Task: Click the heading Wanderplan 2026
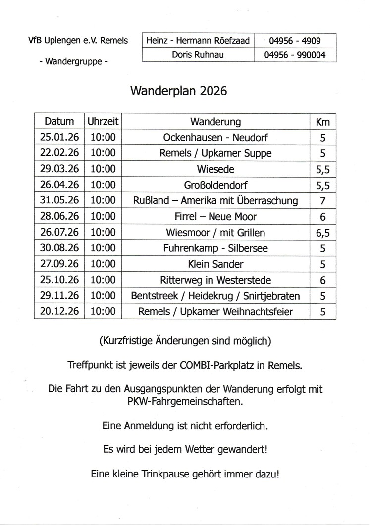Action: tap(178, 91)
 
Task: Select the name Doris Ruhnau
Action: tap(198, 55)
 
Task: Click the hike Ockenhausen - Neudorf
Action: tap(215, 138)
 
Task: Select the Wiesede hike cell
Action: tap(215, 169)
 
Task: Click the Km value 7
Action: tap(322, 201)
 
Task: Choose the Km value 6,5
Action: tap(322, 233)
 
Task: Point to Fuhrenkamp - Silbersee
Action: tap(215, 248)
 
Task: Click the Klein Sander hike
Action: tap(215, 264)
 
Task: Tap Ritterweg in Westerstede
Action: tap(215, 280)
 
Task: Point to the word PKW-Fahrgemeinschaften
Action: tap(185, 401)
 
